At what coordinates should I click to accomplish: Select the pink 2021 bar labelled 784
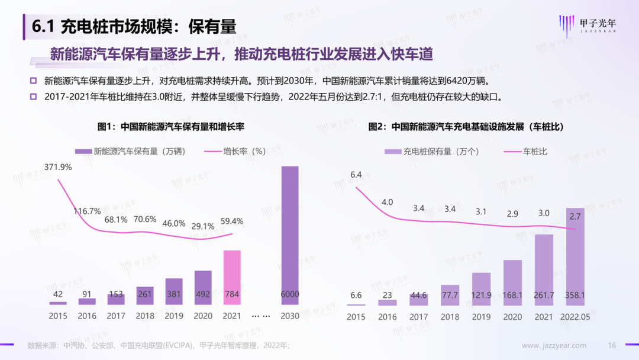(232, 277)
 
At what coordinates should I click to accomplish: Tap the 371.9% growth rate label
(57, 167)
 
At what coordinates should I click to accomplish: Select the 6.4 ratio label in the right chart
(356, 175)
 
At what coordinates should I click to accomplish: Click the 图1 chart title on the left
(171, 127)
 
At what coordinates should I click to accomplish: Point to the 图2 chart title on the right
(465, 127)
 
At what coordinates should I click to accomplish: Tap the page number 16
(612, 345)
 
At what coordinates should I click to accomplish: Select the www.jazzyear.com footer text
(554, 345)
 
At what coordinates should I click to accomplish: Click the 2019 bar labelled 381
(174, 291)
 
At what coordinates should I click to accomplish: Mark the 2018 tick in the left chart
(145, 316)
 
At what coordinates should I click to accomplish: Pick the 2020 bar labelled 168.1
(512, 282)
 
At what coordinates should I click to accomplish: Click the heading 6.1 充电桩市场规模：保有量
(134, 27)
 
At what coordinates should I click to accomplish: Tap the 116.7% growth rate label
(87, 211)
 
